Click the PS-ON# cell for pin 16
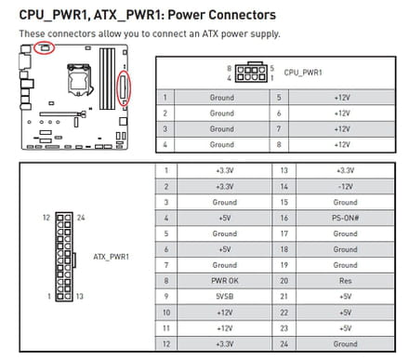(x=345, y=218)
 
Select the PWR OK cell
(x=225, y=281)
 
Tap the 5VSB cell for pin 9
(x=225, y=297)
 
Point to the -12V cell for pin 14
(x=345, y=187)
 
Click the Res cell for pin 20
(x=345, y=281)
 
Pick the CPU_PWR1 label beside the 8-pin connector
(x=303, y=73)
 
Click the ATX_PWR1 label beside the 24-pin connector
(x=111, y=257)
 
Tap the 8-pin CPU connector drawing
(x=251, y=73)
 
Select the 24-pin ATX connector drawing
(x=64, y=257)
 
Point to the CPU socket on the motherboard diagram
(x=79, y=78)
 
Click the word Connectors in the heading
(x=242, y=15)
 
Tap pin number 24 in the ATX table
(x=284, y=344)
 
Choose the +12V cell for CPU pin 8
(x=342, y=144)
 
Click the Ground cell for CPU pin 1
(x=222, y=98)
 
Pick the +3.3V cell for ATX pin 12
(x=225, y=344)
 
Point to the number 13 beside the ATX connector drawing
(x=80, y=296)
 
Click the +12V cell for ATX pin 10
(x=225, y=313)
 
